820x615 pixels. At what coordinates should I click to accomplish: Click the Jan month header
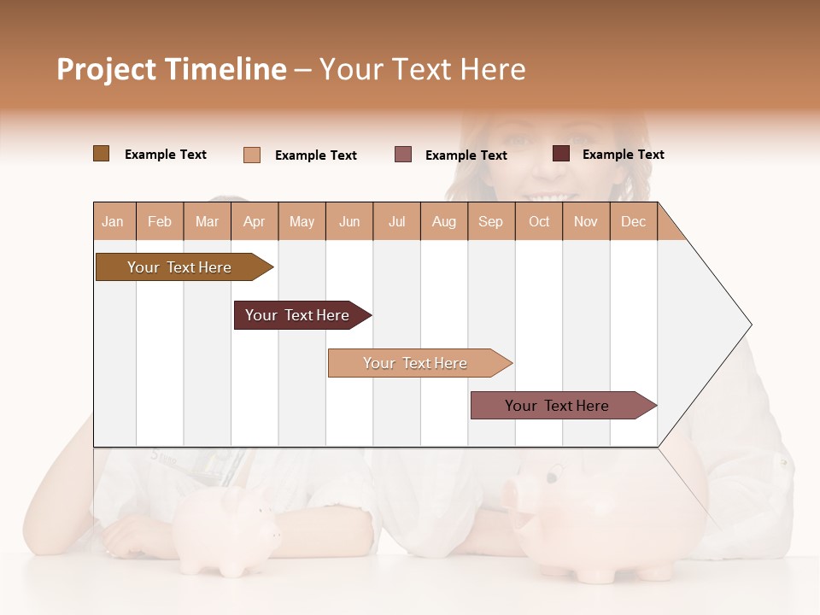tap(113, 221)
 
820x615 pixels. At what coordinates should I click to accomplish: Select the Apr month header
tap(254, 221)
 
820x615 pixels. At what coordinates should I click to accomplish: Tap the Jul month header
tap(396, 221)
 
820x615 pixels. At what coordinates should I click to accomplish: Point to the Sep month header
tap(490, 221)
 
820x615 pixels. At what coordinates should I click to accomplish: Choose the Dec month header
tap(633, 221)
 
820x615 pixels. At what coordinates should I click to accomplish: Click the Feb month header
tap(160, 221)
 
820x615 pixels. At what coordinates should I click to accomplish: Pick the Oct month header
tap(539, 221)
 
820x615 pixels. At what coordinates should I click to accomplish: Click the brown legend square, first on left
tap(101, 154)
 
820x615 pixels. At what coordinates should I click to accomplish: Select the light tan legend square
tap(252, 155)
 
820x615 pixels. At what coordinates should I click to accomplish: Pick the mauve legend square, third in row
tap(403, 155)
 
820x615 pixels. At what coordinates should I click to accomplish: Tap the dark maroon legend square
tap(561, 154)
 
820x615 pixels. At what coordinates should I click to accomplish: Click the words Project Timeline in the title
tap(172, 69)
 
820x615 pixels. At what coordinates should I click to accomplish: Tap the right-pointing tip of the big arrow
tap(748, 325)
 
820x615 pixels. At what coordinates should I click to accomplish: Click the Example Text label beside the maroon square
tap(623, 155)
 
